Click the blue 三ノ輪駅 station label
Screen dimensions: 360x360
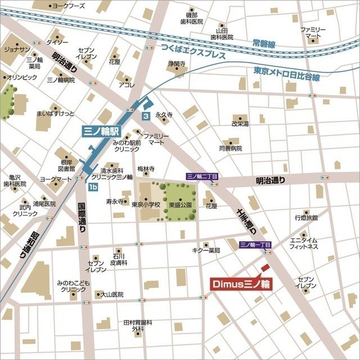(x=101, y=131)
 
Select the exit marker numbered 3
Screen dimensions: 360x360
(x=146, y=116)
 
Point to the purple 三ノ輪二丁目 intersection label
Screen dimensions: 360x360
(x=202, y=176)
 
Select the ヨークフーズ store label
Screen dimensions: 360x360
(x=68, y=6)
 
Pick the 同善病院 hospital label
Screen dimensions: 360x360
(x=230, y=148)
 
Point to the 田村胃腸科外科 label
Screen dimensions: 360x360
(x=138, y=325)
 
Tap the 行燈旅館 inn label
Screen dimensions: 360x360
(x=306, y=217)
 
